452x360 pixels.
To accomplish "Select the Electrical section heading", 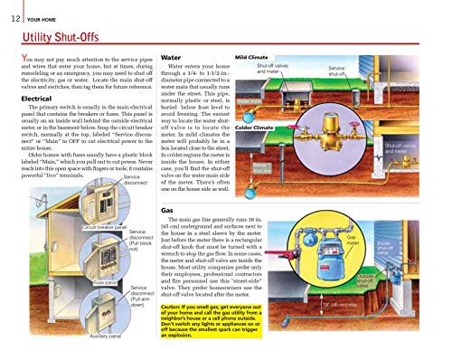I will click(x=28, y=97).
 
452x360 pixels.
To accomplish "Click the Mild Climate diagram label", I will click(x=254, y=56).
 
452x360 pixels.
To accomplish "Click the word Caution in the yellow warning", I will click(x=175, y=306).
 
